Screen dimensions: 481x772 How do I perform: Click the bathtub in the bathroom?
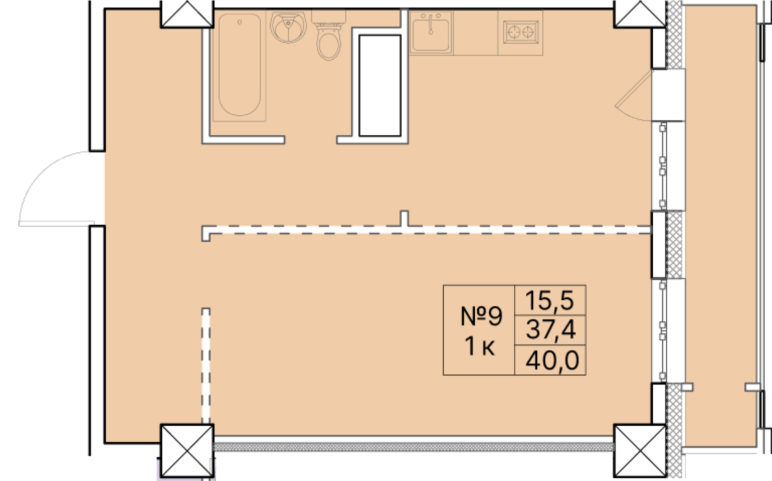coord(239,65)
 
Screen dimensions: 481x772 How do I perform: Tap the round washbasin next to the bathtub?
coord(288,27)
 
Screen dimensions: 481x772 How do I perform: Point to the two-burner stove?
coord(521,32)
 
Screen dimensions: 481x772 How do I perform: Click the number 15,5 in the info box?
coord(550,300)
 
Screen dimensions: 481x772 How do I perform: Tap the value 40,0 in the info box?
coord(552,360)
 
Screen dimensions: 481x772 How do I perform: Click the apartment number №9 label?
coord(481,316)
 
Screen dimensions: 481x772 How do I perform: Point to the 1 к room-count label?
coord(480,346)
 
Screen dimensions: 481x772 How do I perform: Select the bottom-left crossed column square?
coord(187,450)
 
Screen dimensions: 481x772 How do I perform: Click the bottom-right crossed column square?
coord(640,450)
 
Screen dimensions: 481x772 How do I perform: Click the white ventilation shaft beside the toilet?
coord(380,86)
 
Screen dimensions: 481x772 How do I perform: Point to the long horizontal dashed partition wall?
coord(426,230)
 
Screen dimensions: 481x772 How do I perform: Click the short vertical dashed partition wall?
coord(206,365)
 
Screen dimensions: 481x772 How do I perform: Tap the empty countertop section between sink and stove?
coord(475,33)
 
